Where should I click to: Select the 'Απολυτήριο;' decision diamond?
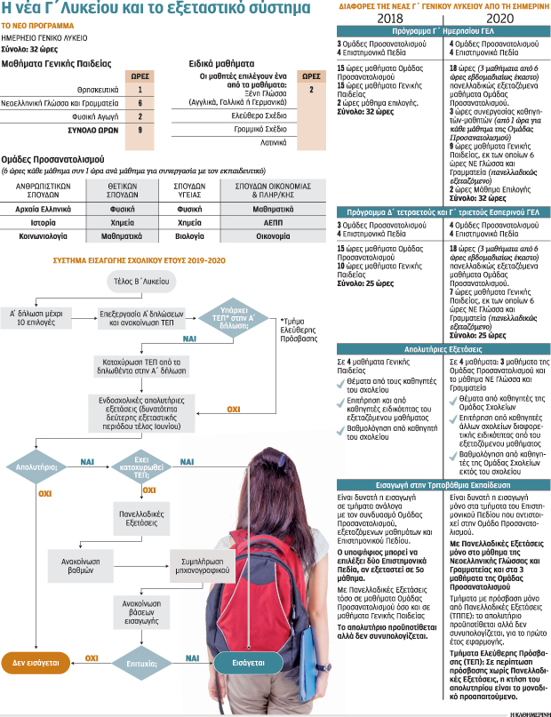[x=36, y=465]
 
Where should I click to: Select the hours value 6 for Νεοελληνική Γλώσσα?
[x=140, y=103]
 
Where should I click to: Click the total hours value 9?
[x=140, y=130]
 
